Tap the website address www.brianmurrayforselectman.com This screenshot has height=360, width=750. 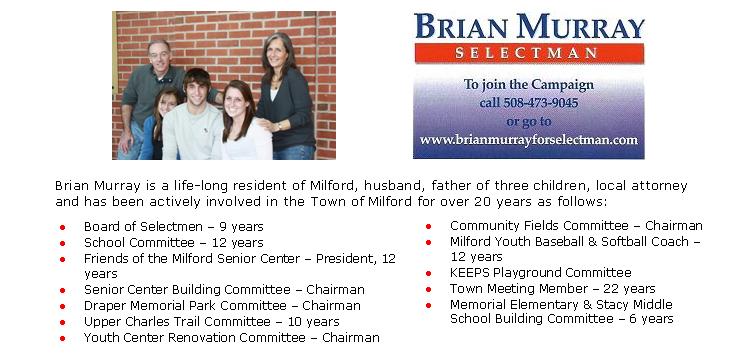pos(528,140)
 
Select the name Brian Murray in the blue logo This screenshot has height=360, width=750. pos(529,26)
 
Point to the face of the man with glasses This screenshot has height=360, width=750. pos(160,55)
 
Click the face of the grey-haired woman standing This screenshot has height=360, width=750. pos(278,52)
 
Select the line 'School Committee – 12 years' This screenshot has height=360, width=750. pos(173,243)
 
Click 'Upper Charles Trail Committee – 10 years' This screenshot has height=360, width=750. pos(211,322)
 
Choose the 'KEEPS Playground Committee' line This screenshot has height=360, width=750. pos(540,273)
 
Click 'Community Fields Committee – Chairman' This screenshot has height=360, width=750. pos(576,226)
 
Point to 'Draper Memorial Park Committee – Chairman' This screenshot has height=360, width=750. pos(222,306)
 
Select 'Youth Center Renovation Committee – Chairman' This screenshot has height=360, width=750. pos(231,338)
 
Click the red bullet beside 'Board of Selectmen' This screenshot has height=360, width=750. pos(63,228)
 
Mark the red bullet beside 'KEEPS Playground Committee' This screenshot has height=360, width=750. pos(429,273)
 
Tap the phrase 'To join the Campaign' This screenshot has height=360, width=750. pos(528,85)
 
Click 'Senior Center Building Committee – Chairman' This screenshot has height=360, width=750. pos(224,290)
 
